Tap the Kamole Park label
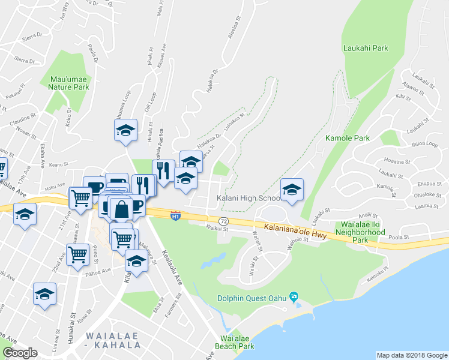tap(347, 138)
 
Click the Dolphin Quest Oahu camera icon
tap(294, 296)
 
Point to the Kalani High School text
tap(248, 198)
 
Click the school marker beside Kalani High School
tap(292, 190)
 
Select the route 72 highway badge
tap(223, 222)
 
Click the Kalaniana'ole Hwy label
tap(295, 232)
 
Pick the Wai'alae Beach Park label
tap(231, 343)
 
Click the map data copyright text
tap(412, 355)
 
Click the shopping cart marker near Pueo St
tap(77, 255)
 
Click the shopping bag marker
tap(121, 209)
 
